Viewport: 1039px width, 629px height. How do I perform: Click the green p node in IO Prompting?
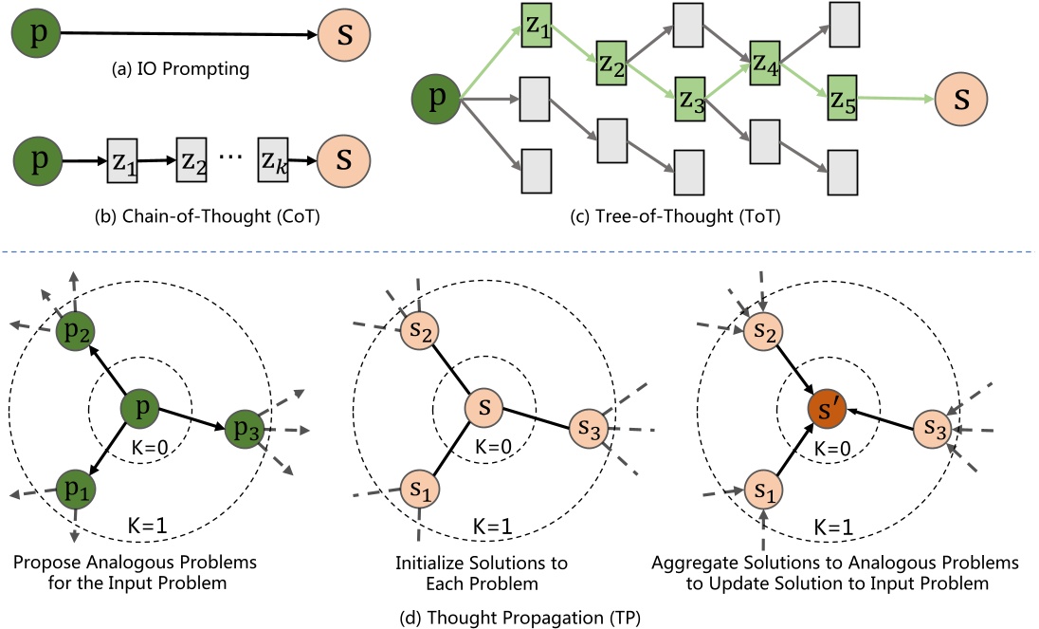pos(34,34)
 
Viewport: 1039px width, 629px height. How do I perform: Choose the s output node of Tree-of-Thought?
pos(961,97)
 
